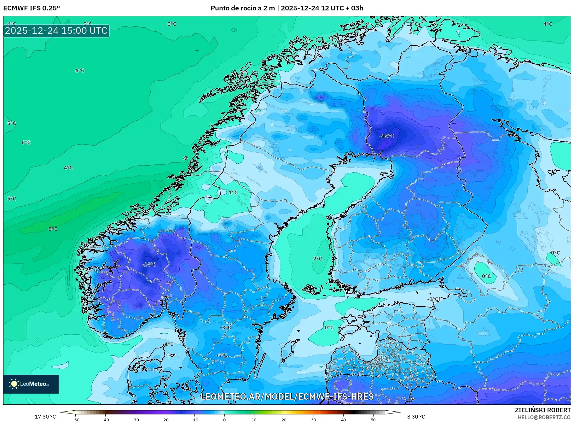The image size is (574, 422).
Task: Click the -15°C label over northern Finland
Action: [x=387, y=136]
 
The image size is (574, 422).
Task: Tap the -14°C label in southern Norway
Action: [x=149, y=265]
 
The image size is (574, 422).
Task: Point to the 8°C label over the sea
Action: [x=53, y=229]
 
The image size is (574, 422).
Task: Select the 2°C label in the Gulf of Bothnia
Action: [x=317, y=259]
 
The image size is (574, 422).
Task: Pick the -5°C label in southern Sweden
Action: [x=221, y=355]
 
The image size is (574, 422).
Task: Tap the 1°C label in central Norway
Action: [x=233, y=192]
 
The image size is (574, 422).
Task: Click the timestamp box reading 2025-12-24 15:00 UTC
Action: [x=56, y=31]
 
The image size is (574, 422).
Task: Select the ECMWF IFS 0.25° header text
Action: [x=32, y=8]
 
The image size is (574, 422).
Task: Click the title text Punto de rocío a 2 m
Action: [x=243, y=8]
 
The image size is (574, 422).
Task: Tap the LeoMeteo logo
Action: [x=31, y=384]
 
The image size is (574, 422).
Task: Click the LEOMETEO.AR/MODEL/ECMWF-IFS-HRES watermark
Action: [x=287, y=396]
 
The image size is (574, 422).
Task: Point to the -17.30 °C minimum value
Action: [x=44, y=417]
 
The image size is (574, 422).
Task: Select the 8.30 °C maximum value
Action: [x=416, y=417]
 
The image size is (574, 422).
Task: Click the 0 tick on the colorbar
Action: [x=224, y=419]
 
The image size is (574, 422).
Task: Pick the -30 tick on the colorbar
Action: [x=135, y=419]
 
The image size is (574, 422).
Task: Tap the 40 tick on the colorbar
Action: [x=343, y=419]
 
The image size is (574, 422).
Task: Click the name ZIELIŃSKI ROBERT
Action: [x=542, y=410]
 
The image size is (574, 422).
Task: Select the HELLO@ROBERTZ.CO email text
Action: [x=544, y=417]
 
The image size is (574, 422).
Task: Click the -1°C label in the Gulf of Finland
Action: [x=433, y=299]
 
